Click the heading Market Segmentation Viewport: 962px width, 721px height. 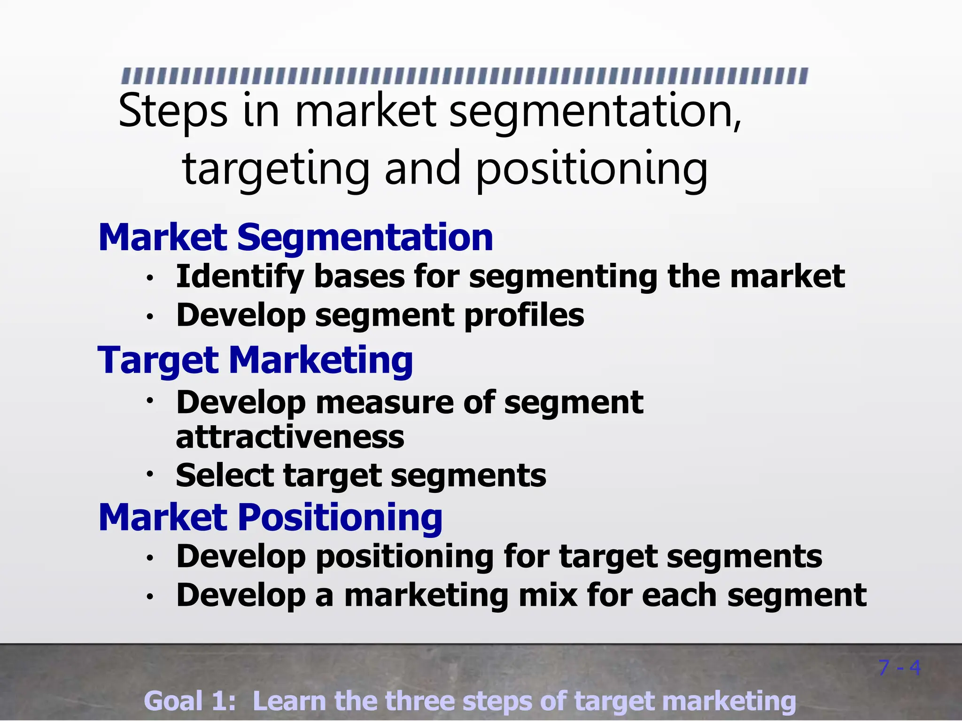296,238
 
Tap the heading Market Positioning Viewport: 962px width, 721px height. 271,517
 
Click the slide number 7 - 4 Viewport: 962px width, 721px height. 899,667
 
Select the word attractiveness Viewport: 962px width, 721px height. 290,437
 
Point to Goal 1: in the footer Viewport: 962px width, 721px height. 190,701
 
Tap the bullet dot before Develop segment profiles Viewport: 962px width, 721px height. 150,317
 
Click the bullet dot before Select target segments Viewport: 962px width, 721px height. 150,474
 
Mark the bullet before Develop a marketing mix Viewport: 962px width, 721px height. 150,597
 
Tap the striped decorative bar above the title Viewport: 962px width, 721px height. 465,76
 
